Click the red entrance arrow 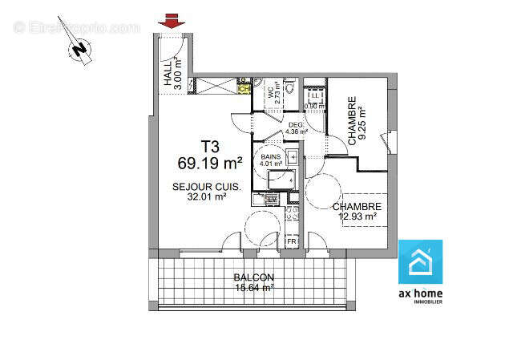click(168, 22)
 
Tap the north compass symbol click(79, 51)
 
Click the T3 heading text click(210, 148)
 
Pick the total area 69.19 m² click(210, 164)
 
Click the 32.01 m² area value click(206, 197)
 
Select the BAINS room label click(270, 158)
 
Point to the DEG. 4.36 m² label click(296, 127)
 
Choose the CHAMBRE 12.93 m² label click(356, 211)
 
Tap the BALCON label click(253, 277)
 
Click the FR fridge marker click(292, 241)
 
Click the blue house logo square click(420, 261)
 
